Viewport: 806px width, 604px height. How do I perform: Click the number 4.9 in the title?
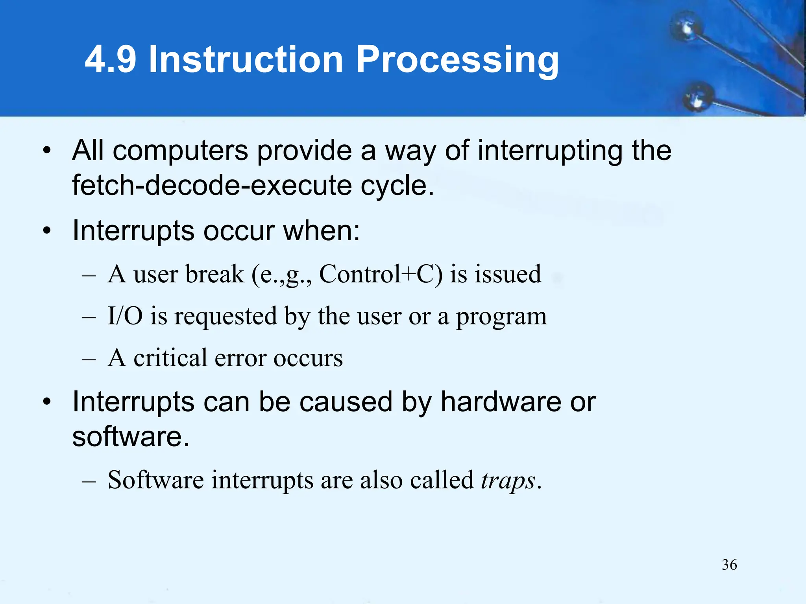pyautogui.click(x=111, y=59)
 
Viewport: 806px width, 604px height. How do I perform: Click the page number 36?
pyautogui.click(x=729, y=565)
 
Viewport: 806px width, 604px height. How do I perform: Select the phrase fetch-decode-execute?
pyautogui.click(x=212, y=185)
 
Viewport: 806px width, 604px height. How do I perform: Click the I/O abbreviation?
pyautogui.click(x=125, y=316)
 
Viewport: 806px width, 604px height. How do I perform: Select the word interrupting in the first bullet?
pyautogui.click(x=550, y=151)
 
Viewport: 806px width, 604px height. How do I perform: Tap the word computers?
pyautogui.click(x=181, y=151)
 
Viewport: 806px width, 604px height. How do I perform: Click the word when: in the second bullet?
pyautogui.click(x=322, y=230)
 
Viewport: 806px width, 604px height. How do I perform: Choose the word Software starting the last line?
pyautogui.click(x=155, y=480)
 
